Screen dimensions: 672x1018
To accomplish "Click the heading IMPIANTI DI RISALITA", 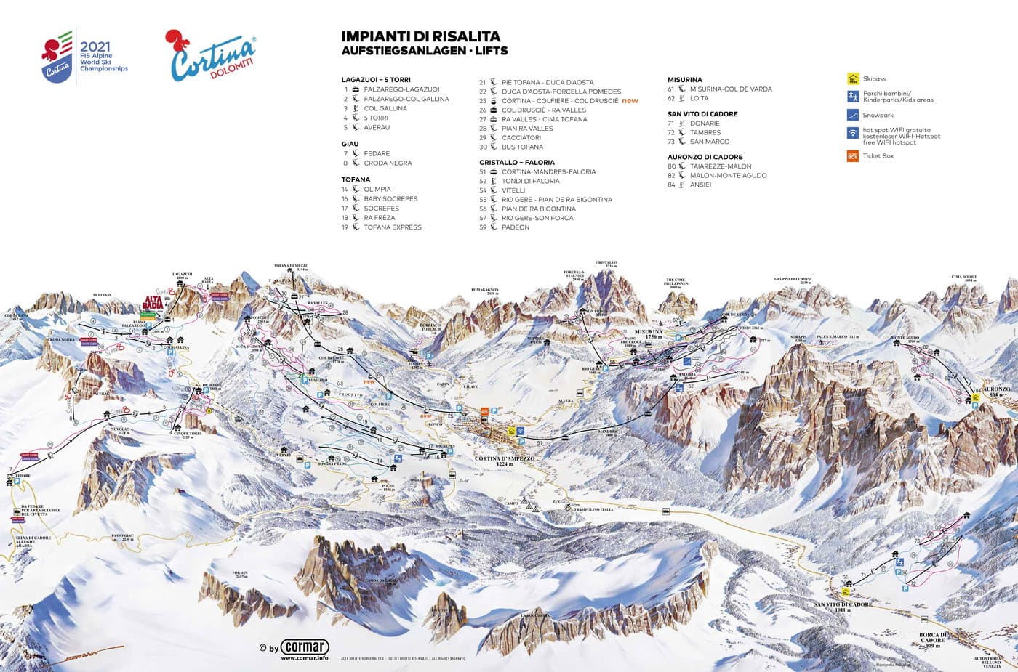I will click(420, 36).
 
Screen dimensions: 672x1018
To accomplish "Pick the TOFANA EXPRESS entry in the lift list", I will click(393, 227).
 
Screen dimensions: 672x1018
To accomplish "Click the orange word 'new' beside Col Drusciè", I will click(630, 100).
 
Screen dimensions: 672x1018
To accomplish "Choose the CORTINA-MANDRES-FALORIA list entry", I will click(548, 172).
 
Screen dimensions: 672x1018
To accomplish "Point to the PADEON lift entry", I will click(516, 227).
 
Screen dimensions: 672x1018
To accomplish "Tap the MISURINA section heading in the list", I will click(684, 79).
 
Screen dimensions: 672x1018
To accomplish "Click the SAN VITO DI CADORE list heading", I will click(702, 114).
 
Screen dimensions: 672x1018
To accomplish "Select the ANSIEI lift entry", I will click(700, 185).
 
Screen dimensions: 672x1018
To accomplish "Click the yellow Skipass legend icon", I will click(853, 79).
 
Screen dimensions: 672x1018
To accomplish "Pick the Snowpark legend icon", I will click(853, 115).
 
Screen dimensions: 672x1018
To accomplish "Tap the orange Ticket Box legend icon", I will click(853, 155).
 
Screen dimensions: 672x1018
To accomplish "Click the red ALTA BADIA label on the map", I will click(153, 302).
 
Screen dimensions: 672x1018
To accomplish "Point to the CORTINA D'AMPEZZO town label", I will click(504, 459).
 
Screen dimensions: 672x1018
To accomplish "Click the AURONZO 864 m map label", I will click(997, 390).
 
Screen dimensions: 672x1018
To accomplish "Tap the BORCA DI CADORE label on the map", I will click(933, 637).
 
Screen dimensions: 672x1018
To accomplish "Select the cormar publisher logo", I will click(305, 647).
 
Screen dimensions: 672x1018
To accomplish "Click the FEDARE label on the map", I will click(23, 477).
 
